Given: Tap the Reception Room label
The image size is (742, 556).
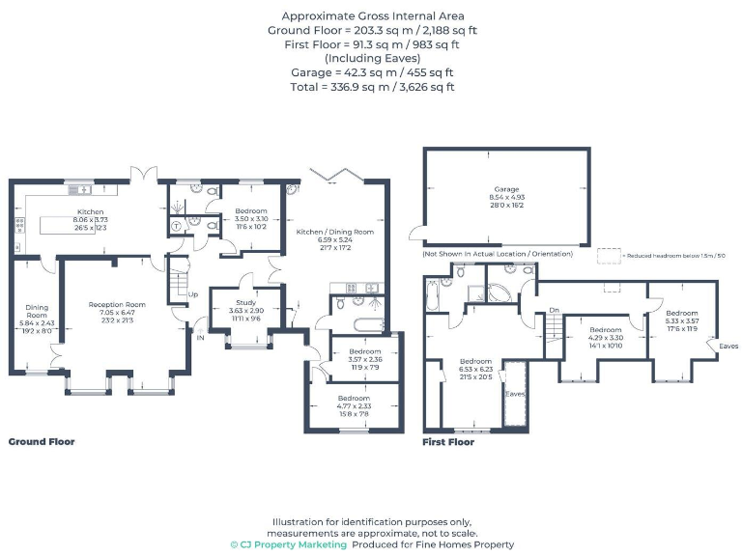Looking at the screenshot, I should [x=117, y=304].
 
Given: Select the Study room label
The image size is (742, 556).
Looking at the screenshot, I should [x=246, y=302].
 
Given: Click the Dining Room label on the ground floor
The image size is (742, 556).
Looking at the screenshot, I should [x=36, y=311].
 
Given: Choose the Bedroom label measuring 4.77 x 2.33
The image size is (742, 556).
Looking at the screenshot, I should [x=354, y=398].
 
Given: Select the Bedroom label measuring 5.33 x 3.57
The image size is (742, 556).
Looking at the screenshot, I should [x=680, y=313].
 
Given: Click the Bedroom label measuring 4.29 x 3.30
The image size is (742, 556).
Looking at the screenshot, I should [x=605, y=330].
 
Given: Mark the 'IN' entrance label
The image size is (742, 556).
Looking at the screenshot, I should [x=200, y=338].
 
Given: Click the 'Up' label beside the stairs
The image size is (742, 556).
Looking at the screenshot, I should [x=193, y=294].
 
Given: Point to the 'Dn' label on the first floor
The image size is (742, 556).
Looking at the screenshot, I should [x=554, y=310].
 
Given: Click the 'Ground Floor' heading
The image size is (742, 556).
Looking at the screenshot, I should [x=42, y=441].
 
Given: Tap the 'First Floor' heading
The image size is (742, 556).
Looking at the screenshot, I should [x=448, y=442].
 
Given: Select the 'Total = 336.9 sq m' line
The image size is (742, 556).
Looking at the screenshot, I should [x=372, y=87].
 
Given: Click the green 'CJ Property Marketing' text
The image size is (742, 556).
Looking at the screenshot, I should [x=288, y=544].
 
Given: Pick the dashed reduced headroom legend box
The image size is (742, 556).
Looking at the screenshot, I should [x=608, y=255].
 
